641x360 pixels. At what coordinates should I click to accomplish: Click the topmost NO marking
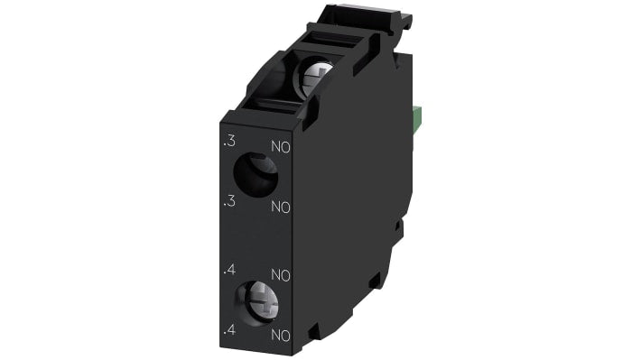(x=280, y=146)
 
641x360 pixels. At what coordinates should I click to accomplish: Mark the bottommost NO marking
(x=280, y=335)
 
